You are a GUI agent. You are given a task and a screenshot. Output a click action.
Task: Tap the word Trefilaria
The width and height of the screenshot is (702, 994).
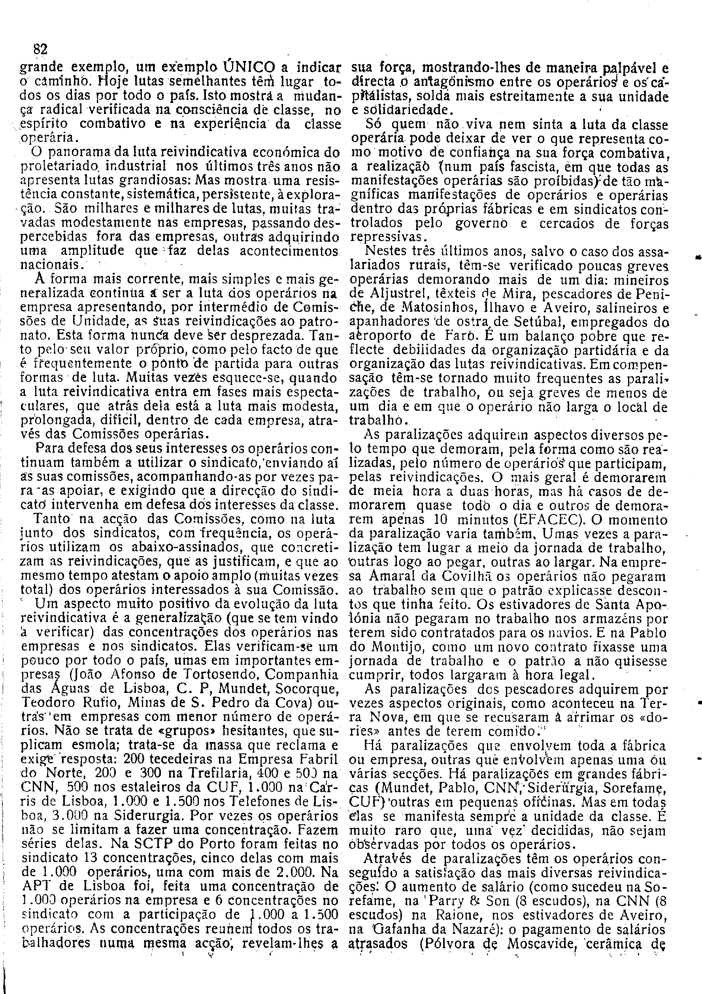[x=178, y=774]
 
